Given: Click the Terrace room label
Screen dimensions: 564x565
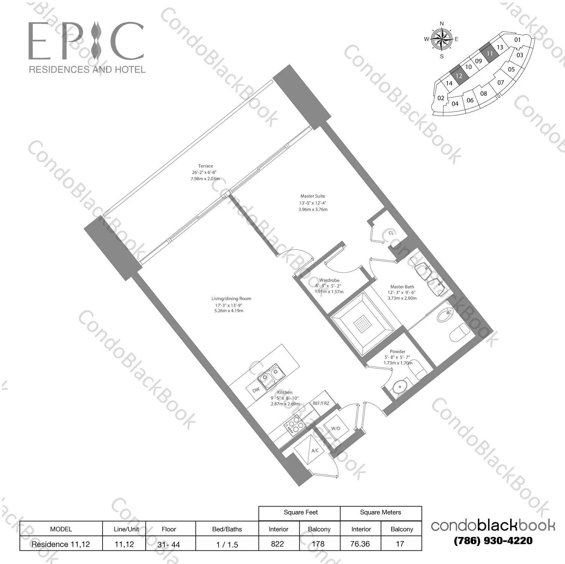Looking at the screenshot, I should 205,166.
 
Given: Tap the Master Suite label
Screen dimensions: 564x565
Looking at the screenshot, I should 313,196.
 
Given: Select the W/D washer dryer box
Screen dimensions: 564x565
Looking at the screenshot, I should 336,428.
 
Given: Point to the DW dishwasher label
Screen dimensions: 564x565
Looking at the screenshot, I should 256,390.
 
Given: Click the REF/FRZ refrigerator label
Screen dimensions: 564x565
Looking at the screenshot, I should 321,403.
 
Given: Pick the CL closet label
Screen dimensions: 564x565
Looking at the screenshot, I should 391,233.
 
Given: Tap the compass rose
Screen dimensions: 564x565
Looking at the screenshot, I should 441,39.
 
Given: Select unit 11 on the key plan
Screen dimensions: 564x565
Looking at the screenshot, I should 489,53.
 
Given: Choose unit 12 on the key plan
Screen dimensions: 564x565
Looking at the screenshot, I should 459,75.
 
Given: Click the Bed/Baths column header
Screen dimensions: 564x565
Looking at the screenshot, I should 227,529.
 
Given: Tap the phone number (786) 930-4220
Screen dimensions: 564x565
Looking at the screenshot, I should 493,541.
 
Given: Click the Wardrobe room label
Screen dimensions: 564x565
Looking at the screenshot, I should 329,280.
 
